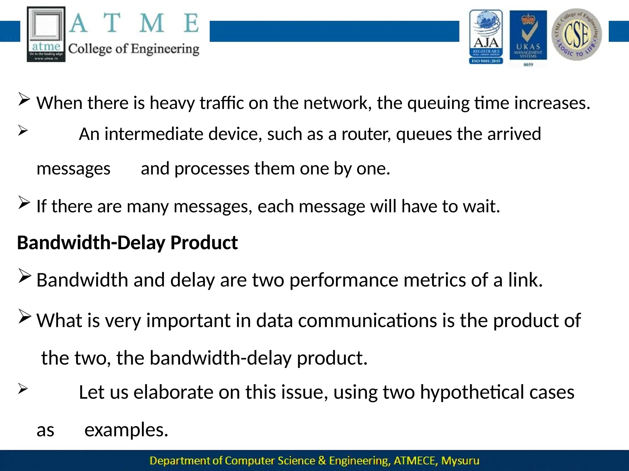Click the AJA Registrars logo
486,37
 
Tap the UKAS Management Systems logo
528,37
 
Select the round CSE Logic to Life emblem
576,34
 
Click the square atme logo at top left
46,34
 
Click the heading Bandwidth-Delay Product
127,243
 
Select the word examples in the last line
126,430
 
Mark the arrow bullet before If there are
24,202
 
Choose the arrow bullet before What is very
24,316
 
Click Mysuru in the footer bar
460,461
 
